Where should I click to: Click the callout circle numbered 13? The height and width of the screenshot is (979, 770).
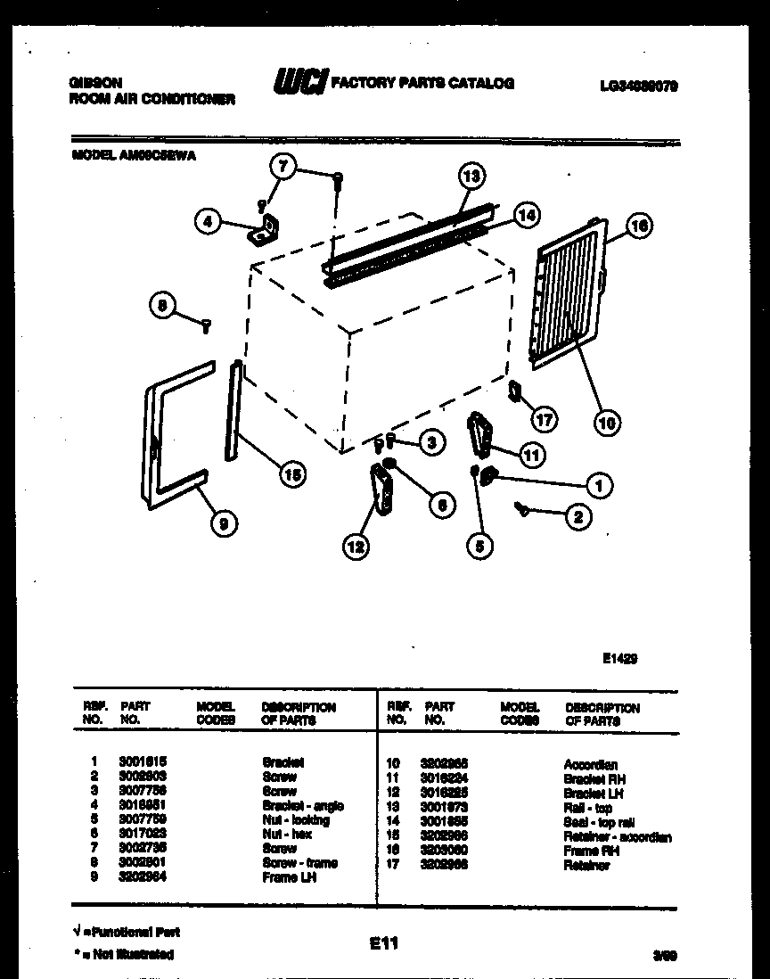471,177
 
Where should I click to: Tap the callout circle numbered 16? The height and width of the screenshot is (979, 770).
638,226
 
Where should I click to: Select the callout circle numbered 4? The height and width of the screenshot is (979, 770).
208,221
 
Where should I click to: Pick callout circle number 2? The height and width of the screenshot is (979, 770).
578,515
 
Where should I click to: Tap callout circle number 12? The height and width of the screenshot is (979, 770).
356,548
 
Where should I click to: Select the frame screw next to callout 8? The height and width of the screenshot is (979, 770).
207,326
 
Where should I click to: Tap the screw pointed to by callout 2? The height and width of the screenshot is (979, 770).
521,508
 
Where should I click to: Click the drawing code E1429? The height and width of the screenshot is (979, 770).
619,659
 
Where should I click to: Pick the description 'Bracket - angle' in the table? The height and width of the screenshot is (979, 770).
303,806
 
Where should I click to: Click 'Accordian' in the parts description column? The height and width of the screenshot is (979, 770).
590,765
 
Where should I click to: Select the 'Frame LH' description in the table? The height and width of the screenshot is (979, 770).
289,878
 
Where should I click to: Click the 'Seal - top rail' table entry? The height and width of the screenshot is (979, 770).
599,822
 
